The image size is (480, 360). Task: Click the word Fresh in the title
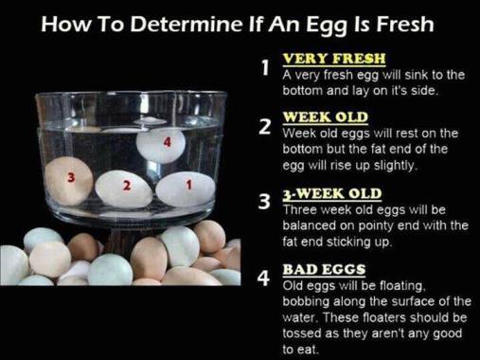405,24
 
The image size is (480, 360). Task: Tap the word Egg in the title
327,26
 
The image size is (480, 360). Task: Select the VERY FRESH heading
334,59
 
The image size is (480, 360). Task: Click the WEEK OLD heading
326,117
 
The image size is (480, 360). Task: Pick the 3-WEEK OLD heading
332,193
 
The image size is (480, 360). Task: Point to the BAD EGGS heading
324,269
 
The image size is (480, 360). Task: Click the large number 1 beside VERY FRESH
265,67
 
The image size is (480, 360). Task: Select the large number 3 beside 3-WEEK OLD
264,202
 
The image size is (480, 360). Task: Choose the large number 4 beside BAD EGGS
264,278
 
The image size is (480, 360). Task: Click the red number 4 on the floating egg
168,143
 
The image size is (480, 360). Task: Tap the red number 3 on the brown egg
71,178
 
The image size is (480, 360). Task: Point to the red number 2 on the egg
126,186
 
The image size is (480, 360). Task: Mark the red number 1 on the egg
189,185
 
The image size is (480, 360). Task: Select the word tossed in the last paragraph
300,333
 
